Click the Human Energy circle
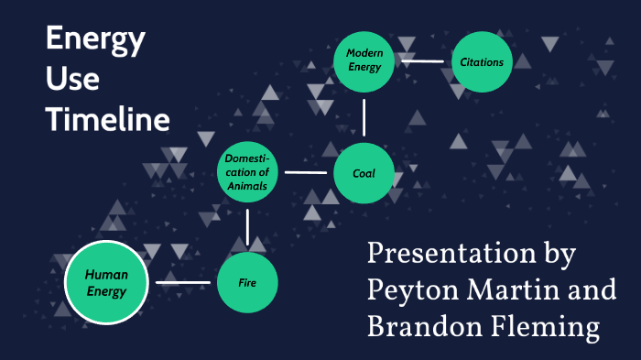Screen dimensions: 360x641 click(106, 282)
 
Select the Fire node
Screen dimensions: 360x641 click(247, 282)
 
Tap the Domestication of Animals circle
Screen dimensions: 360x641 click(247, 172)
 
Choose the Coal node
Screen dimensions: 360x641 click(364, 172)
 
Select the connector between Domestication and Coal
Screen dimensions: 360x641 click(306, 172)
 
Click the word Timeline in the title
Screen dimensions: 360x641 click(108, 120)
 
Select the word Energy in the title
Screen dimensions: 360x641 click(95, 40)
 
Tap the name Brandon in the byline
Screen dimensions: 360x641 click(418, 324)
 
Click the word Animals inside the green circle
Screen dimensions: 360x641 click(247, 186)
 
